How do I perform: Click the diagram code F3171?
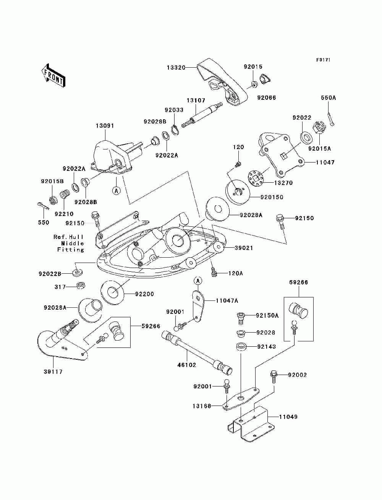323,60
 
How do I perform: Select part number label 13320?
176,67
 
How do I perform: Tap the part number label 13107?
196,100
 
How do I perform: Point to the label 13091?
105,126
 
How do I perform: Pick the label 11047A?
227,301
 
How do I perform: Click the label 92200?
144,294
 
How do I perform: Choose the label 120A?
236,273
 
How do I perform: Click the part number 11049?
288,417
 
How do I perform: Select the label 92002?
297,375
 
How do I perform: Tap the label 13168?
202,406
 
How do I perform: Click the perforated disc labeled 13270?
256,179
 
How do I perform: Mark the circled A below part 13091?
117,190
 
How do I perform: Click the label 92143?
266,347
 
